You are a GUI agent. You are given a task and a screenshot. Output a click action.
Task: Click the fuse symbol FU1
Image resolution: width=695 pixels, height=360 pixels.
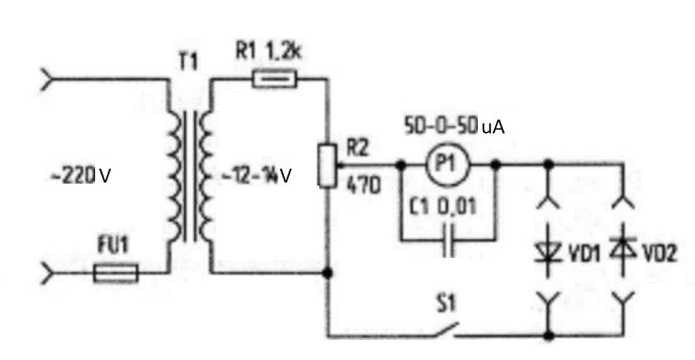[116, 274]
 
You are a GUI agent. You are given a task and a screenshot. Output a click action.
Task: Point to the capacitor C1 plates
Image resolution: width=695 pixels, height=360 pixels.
[448, 241]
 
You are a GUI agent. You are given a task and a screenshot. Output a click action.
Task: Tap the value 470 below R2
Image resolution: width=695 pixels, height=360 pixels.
[363, 188]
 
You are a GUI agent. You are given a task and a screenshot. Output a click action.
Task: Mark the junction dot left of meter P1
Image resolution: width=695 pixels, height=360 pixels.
[400, 166]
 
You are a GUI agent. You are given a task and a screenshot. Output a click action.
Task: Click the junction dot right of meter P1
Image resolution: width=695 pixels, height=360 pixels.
[495, 165]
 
